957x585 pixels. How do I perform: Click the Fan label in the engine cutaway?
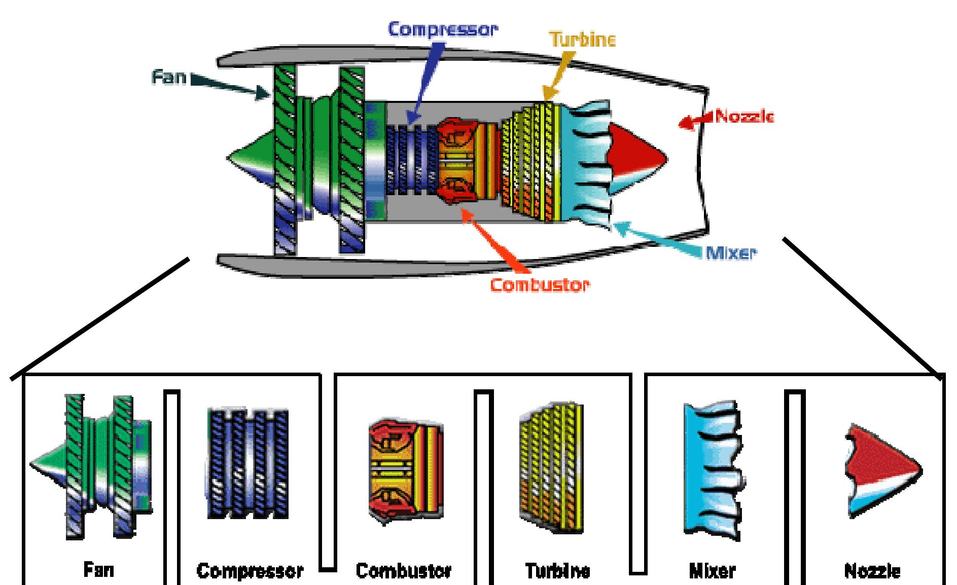pyautogui.click(x=169, y=78)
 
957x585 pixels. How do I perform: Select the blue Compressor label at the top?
pyautogui.click(x=443, y=29)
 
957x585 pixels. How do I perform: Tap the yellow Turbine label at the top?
pyautogui.click(x=582, y=40)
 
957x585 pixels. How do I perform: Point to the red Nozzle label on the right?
pyautogui.click(x=744, y=117)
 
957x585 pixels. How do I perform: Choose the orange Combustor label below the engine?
pyautogui.click(x=540, y=285)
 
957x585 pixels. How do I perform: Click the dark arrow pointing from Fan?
pyautogui.click(x=231, y=86)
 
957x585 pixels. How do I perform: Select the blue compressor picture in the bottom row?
pyautogui.click(x=248, y=463)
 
